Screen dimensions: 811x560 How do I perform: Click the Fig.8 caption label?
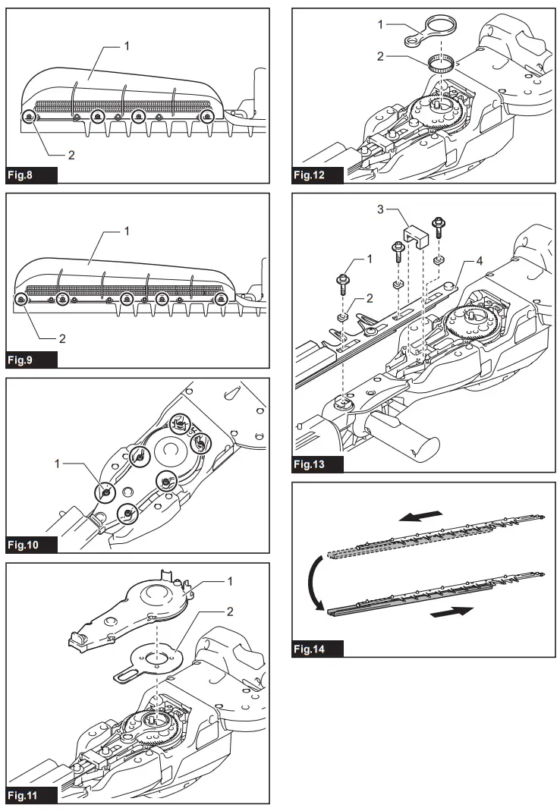pos(31,174)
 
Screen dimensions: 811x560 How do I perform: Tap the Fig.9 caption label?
pos(31,359)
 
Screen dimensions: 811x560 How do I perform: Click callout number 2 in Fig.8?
pos(71,155)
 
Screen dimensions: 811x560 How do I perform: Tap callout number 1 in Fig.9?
pos(127,230)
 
